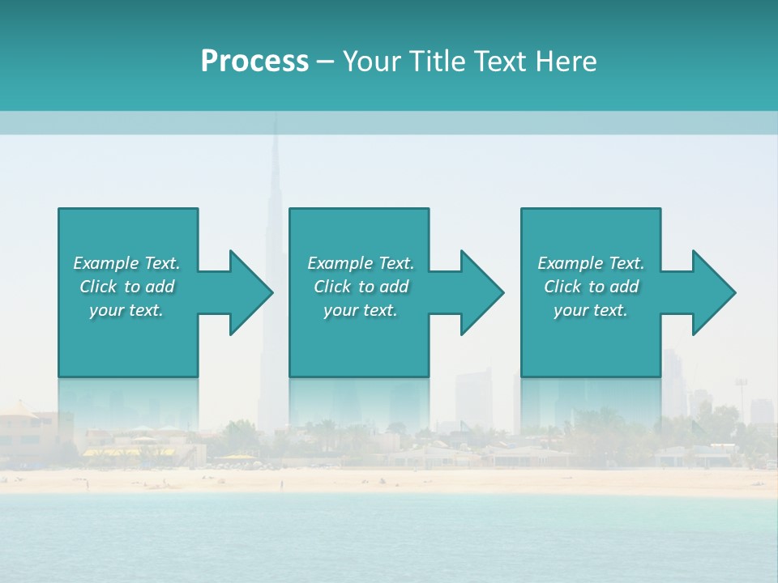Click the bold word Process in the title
254,62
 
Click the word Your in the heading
374,62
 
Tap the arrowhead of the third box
712,292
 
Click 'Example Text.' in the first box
126,263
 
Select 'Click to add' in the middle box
361,287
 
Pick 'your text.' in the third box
591,310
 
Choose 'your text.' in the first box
126,310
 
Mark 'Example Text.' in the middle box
361,263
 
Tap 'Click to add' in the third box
591,287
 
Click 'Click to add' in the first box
126,287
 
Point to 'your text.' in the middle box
361,310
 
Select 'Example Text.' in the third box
591,263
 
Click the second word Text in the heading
499,62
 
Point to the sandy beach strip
389,481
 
